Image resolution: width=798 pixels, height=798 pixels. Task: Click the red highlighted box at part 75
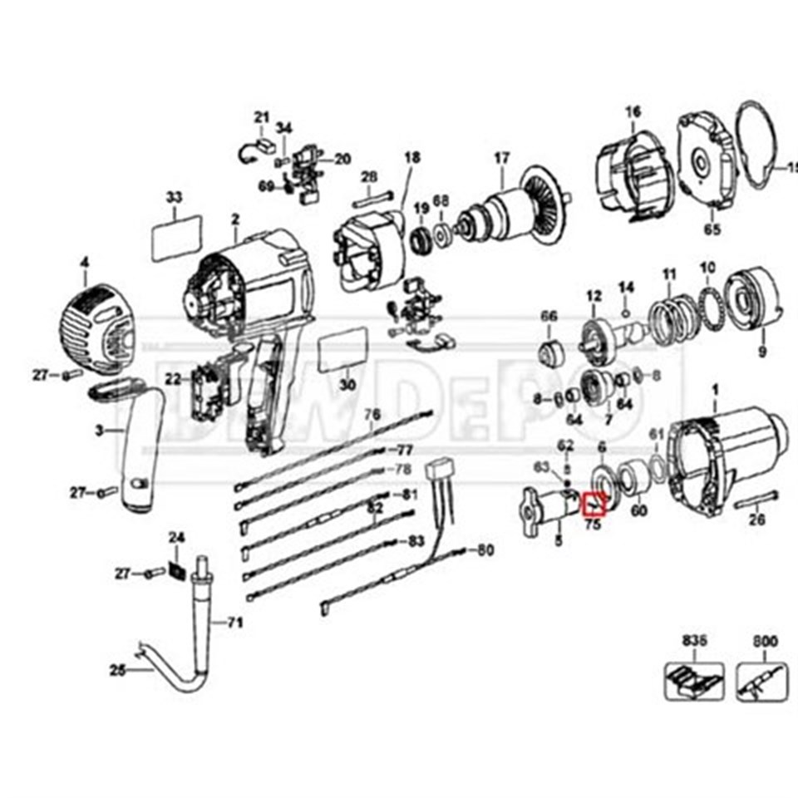pos(595,504)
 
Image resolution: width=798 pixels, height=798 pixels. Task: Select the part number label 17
pos(501,158)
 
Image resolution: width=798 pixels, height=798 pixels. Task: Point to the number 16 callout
pos(633,111)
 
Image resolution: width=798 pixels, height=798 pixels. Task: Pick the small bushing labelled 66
pos(549,352)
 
